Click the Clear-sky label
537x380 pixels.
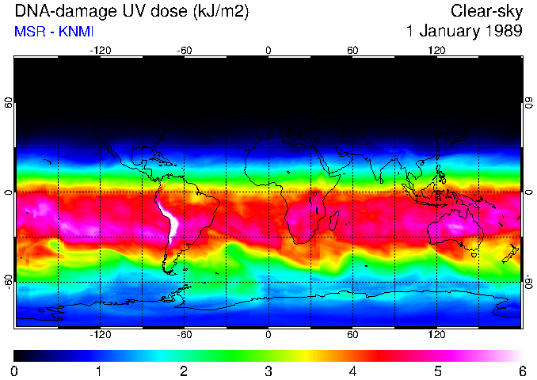[x=486, y=11]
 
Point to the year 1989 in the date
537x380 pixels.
[x=501, y=32]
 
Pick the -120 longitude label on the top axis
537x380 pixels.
[x=100, y=49]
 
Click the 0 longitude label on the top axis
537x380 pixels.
[x=268, y=49]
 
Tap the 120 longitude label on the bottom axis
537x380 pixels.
[x=437, y=335]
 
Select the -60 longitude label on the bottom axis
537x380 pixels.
[x=184, y=335]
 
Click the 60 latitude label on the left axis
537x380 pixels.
[x=9, y=103]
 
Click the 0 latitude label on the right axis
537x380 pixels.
[x=528, y=192]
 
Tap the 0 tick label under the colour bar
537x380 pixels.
[x=15, y=370]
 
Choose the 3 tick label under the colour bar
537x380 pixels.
[x=268, y=370]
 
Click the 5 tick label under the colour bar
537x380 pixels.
[x=437, y=370]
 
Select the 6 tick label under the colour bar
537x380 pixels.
[x=522, y=370]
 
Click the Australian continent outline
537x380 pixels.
[x=456, y=229]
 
